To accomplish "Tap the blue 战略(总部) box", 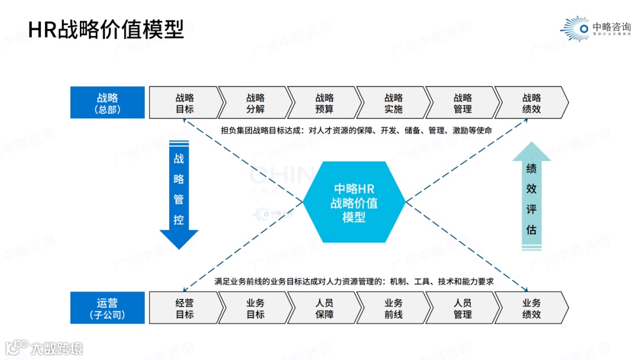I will point(107,102).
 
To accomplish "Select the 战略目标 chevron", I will point(184,102).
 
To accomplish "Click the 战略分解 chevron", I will point(255,102).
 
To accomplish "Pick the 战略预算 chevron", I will point(324,102).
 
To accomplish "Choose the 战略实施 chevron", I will point(393,102).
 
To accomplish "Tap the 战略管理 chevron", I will point(462,102).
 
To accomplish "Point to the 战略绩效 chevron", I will point(531,102).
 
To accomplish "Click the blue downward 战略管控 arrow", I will point(179,192).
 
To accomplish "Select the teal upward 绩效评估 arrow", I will point(531,201).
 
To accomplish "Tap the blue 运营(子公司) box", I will point(107,308).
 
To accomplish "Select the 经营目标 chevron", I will point(184,308).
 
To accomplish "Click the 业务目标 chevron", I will point(255,308).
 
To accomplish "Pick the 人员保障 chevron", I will point(324,308).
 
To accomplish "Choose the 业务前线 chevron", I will point(393,308).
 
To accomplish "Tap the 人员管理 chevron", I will point(462,308).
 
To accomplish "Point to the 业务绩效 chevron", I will point(531,308).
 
